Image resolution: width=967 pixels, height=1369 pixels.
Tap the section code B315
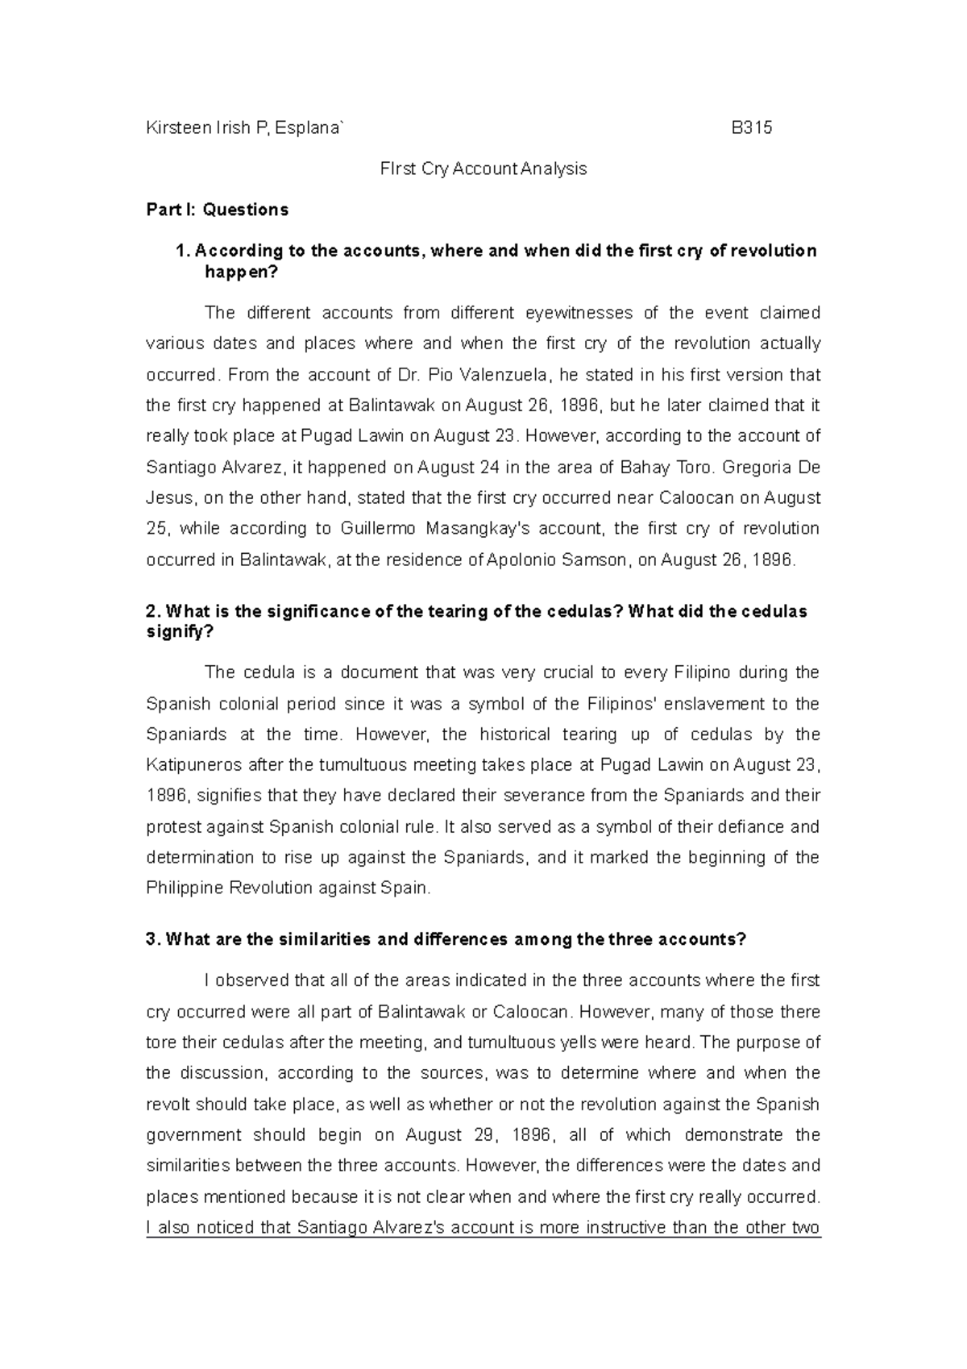click(x=751, y=127)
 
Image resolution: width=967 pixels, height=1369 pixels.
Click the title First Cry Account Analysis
click(x=483, y=169)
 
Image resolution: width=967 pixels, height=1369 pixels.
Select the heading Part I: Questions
click(x=217, y=210)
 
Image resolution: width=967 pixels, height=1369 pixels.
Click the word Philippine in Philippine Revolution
click(x=185, y=888)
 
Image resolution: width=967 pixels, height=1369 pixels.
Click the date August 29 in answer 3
click(x=452, y=1135)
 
